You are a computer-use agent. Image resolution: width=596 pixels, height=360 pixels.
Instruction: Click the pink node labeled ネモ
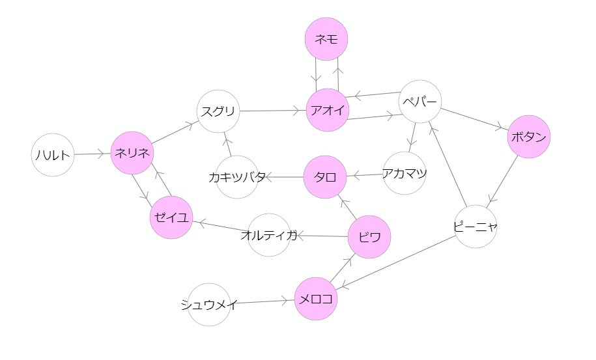pyautogui.click(x=326, y=39)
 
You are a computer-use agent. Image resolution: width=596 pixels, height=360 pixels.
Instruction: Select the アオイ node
pyautogui.click(x=328, y=110)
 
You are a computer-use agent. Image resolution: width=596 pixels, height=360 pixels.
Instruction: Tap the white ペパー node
pyautogui.click(x=420, y=102)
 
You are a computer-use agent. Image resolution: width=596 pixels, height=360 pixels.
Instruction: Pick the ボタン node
pyautogui.click(x=529, y=137)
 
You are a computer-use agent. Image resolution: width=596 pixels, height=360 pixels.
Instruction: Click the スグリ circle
pyautogui.click(x=219, y=111)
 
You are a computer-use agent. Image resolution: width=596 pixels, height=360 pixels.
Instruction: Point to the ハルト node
pyautogui.click(x=53, y=154)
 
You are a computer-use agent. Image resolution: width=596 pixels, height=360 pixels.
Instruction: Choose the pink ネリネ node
pyautogui.click(x=132, y=153)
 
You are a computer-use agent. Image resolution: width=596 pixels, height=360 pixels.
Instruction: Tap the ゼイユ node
pyautogui.click(x=171, y=217)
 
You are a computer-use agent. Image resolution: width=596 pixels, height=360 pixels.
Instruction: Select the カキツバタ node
pyautogui.click(x=238, y=177)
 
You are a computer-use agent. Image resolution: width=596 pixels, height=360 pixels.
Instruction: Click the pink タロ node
pyautogui.click(x=325, y=176)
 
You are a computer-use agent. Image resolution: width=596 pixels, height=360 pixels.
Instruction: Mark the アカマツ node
pyautogui.click(x=404, y=173)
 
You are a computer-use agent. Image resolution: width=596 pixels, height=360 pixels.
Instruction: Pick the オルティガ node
pyautogui.click(x=269, y=235)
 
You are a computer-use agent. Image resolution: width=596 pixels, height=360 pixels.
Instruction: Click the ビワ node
pyautogui.click(x=369, y=237)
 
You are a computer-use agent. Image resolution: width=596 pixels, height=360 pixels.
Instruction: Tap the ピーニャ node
pyautogui.click(x=475, y=227)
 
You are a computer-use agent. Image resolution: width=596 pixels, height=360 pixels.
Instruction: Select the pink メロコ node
pyautogui.click(x=316, y=299)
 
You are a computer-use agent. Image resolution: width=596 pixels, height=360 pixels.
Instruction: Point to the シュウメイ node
pyautogui.click(x=209, y=304)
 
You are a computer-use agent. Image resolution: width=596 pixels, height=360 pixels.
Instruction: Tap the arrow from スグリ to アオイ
pyautogui.click(x=273, y=111)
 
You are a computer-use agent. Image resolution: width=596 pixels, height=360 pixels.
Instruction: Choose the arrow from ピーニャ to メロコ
pyautogui.click(x=397, y=262)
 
